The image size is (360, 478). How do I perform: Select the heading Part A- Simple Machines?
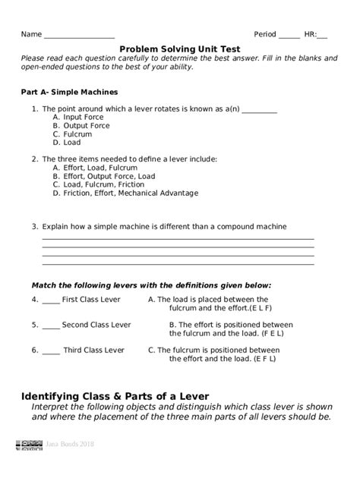68,92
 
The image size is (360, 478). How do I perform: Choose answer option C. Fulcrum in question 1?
72,134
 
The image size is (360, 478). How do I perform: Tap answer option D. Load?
67,143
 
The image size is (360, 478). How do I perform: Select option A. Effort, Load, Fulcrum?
95,168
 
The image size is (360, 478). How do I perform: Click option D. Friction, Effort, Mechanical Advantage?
125,193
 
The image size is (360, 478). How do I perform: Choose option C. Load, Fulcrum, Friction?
98,184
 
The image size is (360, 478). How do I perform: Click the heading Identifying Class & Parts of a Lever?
115,396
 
